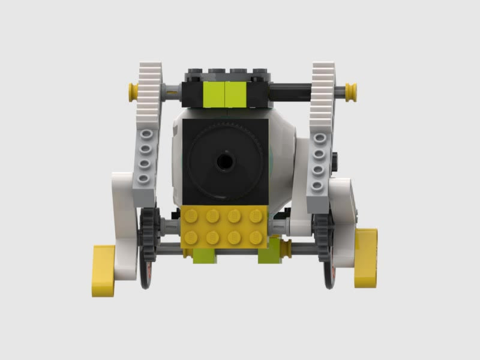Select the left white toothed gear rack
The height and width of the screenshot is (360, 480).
[148, 96]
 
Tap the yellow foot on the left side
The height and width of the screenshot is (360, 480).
[103, 270]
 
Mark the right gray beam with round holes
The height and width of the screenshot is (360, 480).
[318, 166]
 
